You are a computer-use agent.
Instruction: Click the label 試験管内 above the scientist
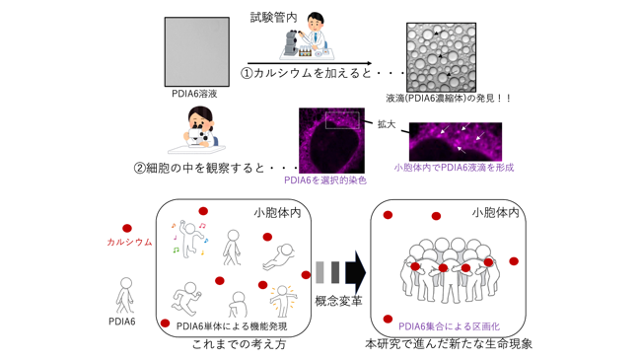273,18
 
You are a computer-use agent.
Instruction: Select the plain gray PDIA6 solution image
197,52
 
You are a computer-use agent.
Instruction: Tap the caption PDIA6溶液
194,94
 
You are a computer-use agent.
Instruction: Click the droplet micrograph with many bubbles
441,57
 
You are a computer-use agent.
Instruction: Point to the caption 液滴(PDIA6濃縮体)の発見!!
448,99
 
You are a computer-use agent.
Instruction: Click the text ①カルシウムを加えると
306,73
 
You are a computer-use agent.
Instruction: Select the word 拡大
387,124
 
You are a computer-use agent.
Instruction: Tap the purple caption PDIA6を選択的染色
325,180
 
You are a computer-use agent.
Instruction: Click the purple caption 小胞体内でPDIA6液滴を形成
454,168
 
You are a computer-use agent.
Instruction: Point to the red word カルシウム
129,242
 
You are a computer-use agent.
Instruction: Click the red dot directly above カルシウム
127,228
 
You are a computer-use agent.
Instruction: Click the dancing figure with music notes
189,240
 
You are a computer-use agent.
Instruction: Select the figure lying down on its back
279,257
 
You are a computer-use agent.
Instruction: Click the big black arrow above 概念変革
356,272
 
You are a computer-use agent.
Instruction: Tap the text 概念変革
338,301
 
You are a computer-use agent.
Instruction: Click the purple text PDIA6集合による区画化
449,326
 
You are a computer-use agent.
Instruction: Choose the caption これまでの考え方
239,344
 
